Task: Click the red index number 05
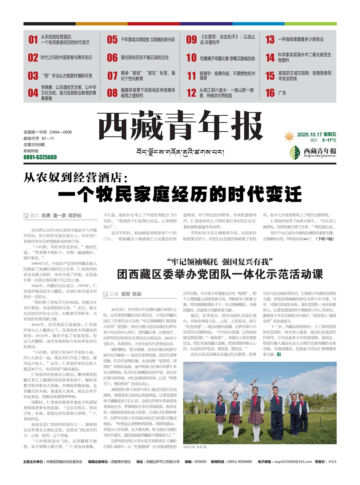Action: click(112, 40)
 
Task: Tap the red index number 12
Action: click(191, 93)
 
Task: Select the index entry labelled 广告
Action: click(282, 93)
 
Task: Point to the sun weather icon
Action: click(289, 136)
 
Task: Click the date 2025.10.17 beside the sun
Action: click(310, 135)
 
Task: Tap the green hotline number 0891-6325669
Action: click(40, 157)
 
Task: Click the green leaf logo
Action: click(295, 152)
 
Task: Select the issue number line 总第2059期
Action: click(34, 145)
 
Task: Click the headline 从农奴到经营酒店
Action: click(76, 178)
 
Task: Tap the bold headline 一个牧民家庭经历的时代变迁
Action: click(180, 194)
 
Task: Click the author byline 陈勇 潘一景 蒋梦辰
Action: click(61, 216)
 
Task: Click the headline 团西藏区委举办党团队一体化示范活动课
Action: click(220, 274)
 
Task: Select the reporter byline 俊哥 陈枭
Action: click(131, 294)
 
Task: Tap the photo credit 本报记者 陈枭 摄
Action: click(195, 447)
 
